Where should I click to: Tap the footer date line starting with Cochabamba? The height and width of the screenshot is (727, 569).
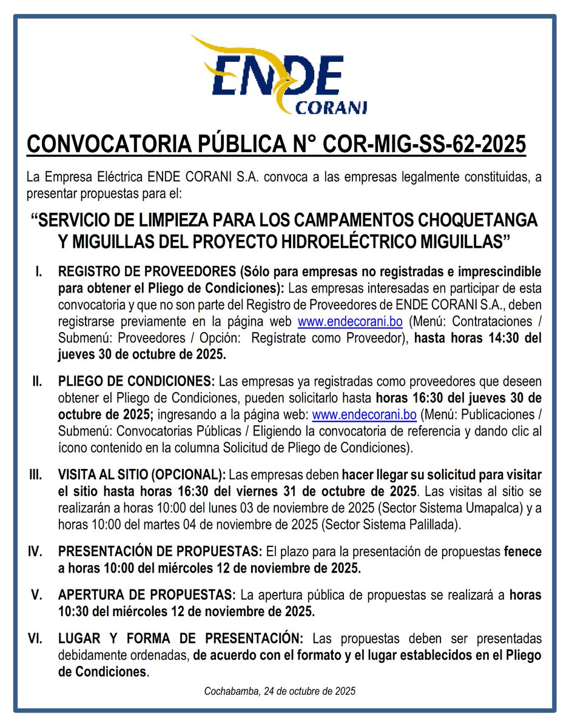280,691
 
